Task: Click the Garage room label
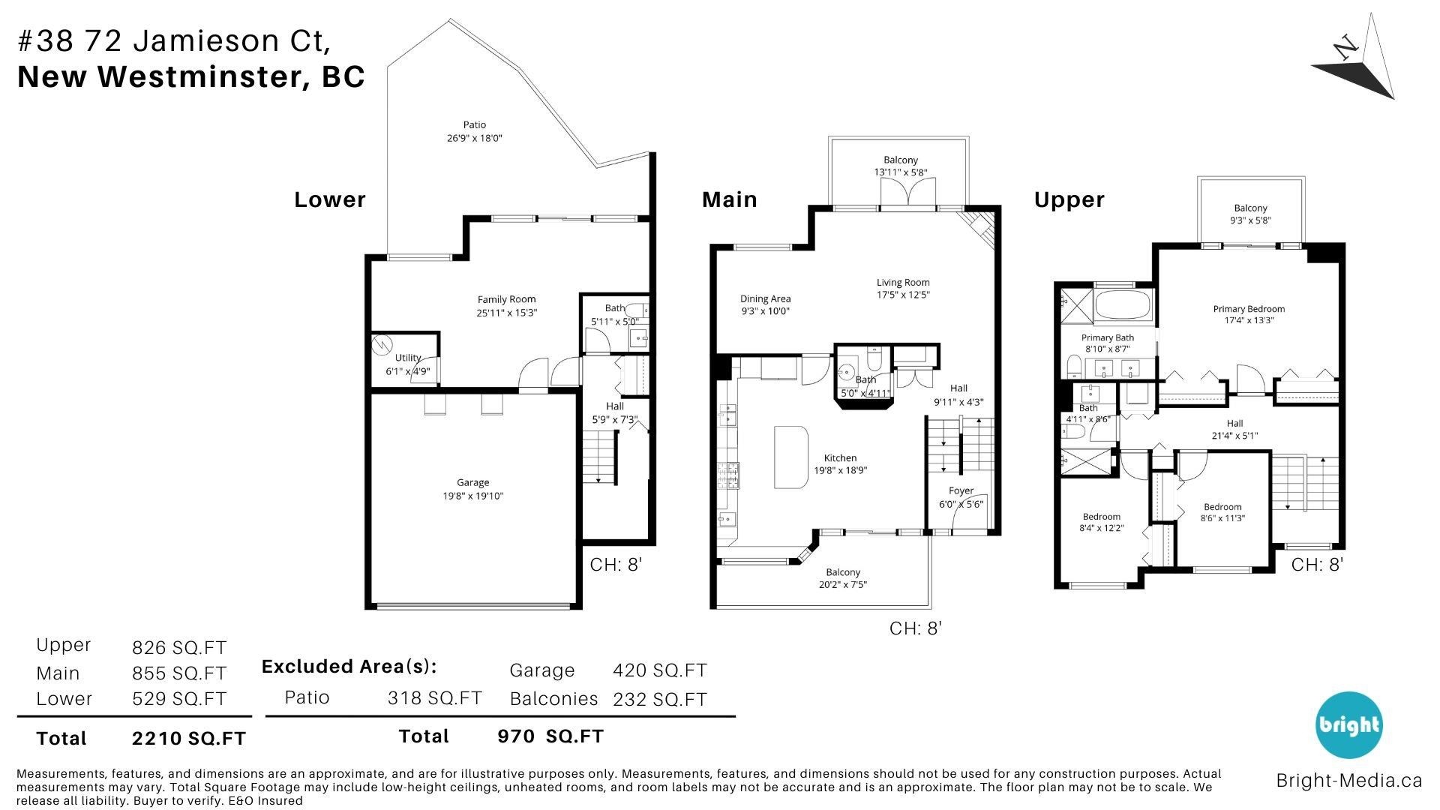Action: tap(472, 482)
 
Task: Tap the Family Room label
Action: tap(507, 299)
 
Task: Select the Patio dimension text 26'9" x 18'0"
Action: tap(474, 138)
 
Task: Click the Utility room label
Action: tap(408, 358)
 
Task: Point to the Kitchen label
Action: tap(840, 457)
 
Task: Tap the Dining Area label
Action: tap(765, 298)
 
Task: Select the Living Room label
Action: tap(903, 283)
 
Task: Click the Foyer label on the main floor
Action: tap(961, 490)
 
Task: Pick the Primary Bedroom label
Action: tap(1249, 309)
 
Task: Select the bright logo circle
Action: tap(1348, 724)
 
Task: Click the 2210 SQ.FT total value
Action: tap(189, 739)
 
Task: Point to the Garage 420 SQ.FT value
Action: tap(660, 670)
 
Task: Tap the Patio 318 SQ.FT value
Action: tap(434, 698)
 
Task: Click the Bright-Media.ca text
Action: tap(1348, 781)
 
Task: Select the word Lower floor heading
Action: tap(330, 199)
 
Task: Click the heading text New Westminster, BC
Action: tap(191, 76)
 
